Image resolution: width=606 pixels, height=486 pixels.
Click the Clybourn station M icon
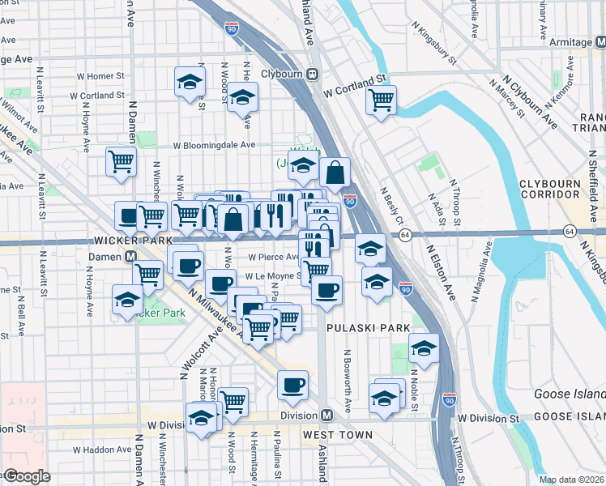pyautogui.click(x=311, y=74)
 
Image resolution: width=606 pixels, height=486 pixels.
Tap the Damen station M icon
pyautogui.click(x=129, y=256)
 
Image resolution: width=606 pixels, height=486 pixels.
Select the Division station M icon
pyautogui.click(x=326, y=416)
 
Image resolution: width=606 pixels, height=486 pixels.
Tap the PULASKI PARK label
pyautogui.click(x=359, y=328)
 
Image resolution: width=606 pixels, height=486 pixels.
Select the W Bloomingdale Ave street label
pyautogui.click(x=213, y=146)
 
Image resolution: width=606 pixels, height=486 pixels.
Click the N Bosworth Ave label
pyautogui.click(x=347, y=381)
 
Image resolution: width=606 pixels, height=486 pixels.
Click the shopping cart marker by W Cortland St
pyautogui.click(x=380, y=100)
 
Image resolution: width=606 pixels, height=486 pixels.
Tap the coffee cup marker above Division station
pyautogui.click(x=293, y=385)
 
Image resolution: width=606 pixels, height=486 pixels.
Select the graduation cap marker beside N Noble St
pyautogui.click(x=423, y=347)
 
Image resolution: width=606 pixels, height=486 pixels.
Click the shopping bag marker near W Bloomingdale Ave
pyautogui.click(x=335, y=171)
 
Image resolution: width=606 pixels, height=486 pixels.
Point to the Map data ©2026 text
pyautogui.click(x=571, y=480)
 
